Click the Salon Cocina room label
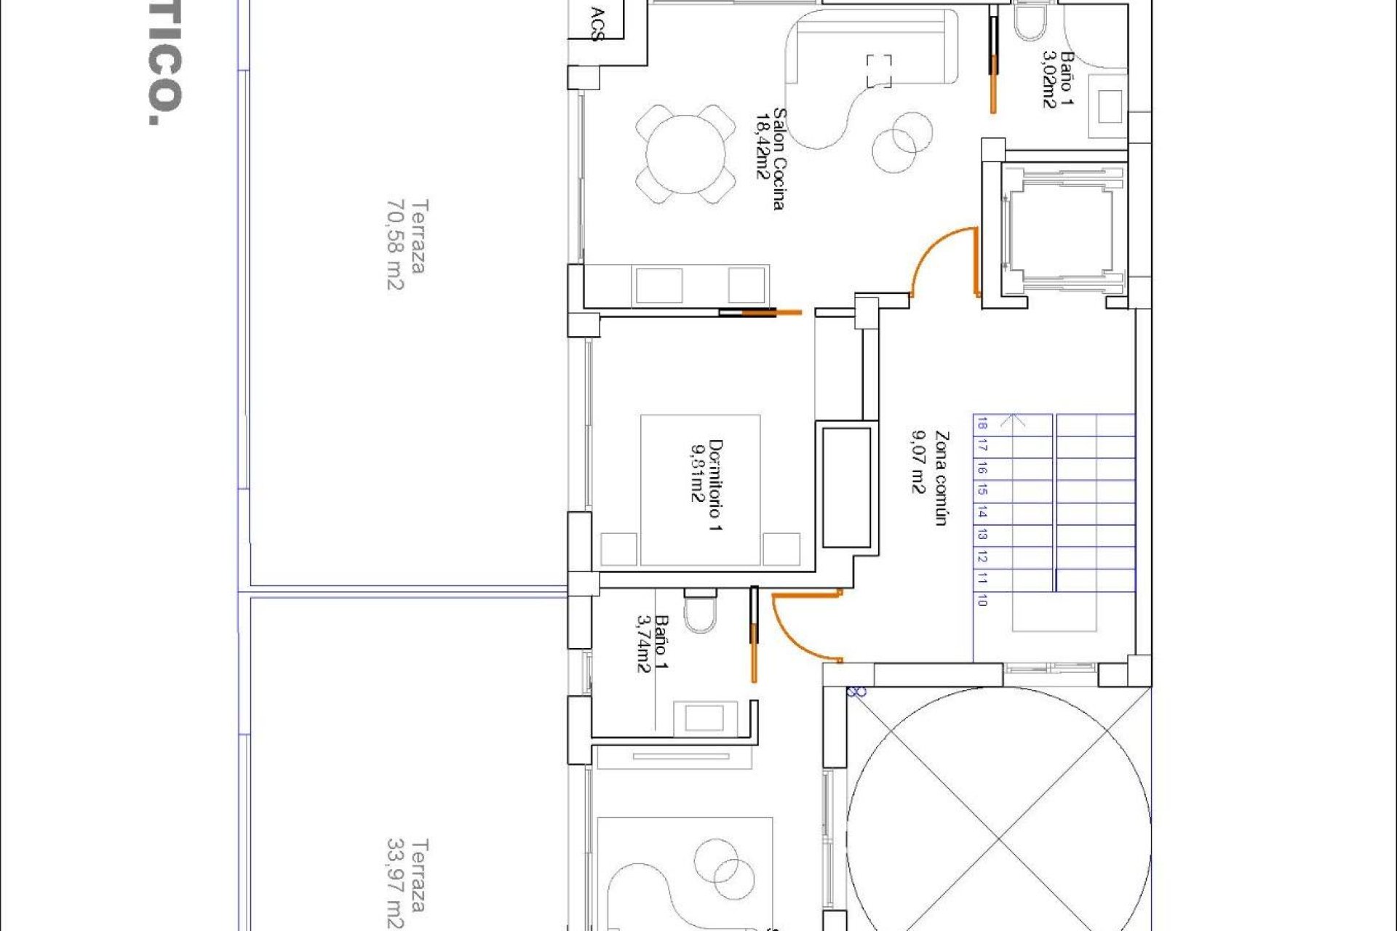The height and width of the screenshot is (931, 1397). pyautogui.click(x=770, y=159)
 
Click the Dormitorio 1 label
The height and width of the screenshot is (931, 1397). pyautogui.click(x=706, y=484)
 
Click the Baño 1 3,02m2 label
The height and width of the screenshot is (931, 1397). pyautogui.click(x=1058, y=79)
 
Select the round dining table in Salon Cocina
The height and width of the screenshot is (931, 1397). pyautogui.click(x=685, y=154)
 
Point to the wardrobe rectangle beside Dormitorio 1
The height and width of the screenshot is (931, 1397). pyautogui.click(x=846, y=487)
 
